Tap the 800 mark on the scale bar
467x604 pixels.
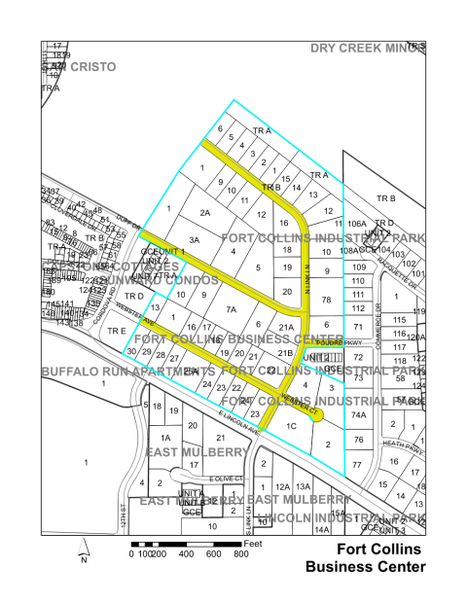[239, 553]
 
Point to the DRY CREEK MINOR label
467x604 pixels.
[369, 48]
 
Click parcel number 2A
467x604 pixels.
[205, 212]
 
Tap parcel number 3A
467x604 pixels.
[195, 239]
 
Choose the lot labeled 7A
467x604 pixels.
[232, 309]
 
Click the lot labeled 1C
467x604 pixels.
[291, 425]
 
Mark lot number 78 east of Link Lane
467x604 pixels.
[328, 299]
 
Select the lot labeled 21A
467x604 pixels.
[286, 328]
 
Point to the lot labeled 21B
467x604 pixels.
[286, 353]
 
